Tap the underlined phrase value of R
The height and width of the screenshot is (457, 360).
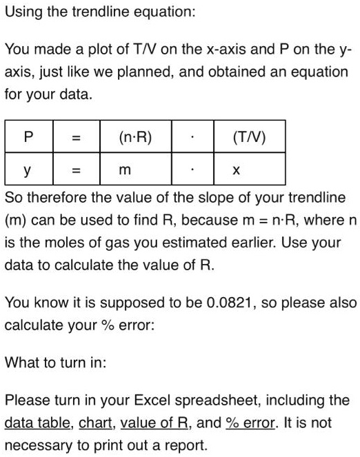coord(160,423)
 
